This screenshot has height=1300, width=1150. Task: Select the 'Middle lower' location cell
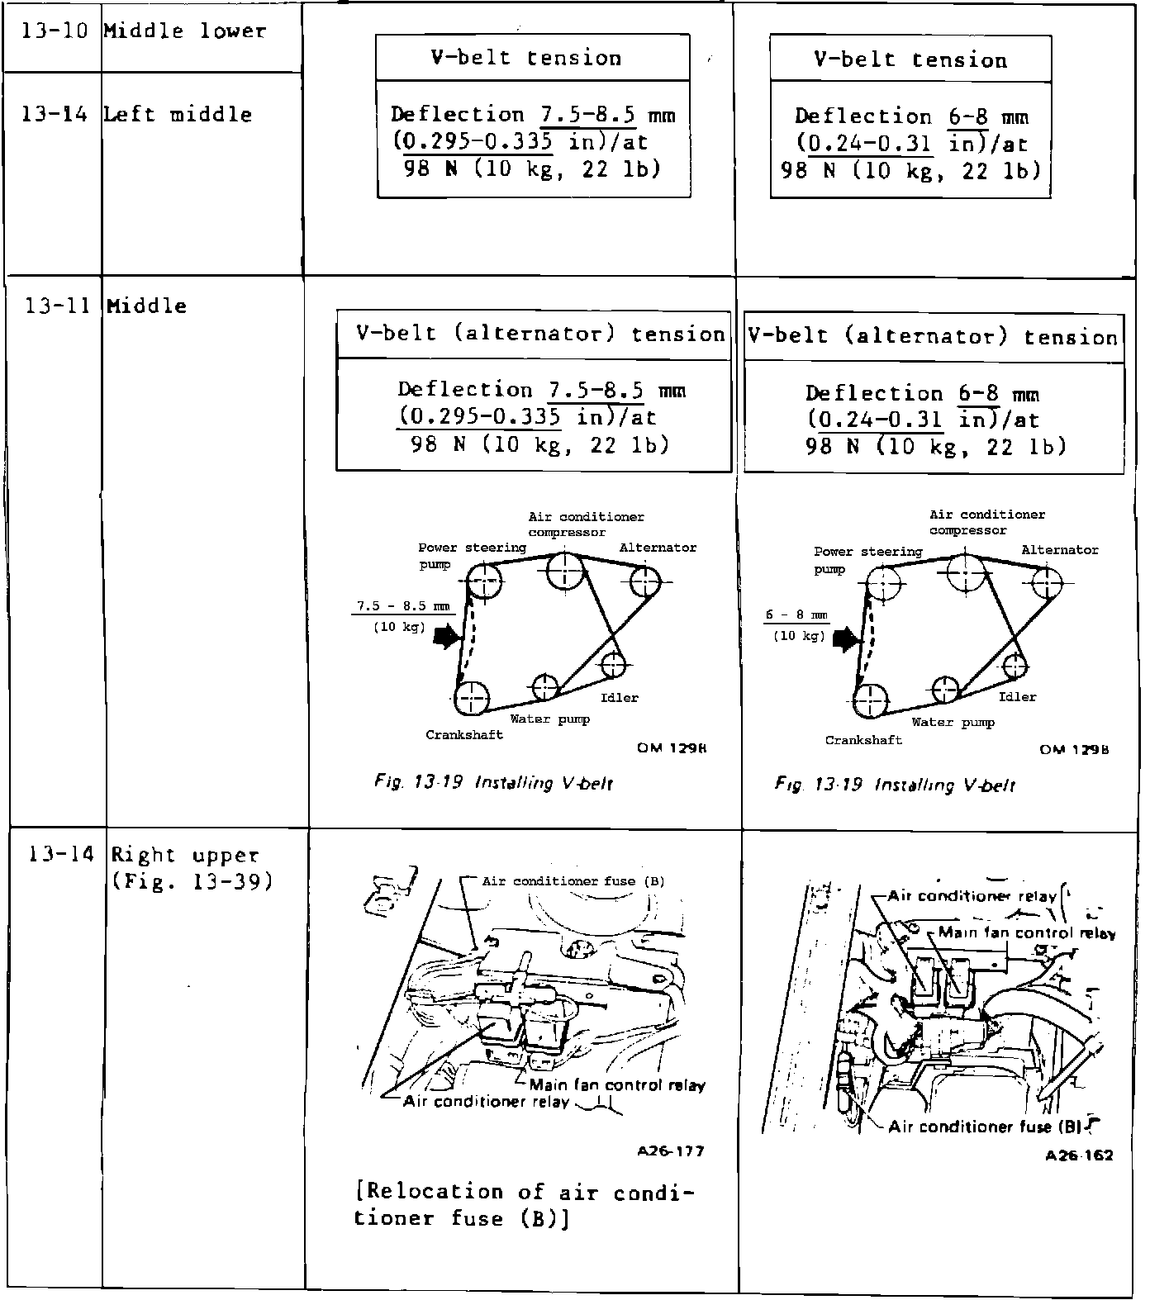tap(184, 32)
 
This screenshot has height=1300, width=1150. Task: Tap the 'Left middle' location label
tap(178, 115)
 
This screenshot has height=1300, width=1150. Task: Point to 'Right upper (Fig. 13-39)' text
tap(192, 868)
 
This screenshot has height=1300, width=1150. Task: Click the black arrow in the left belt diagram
tap(446, 636)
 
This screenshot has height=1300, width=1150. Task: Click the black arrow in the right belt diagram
tap(846, 638)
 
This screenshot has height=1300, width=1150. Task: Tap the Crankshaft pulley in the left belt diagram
tap(471, 699)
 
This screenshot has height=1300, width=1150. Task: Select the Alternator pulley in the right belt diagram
tap(1047, 584)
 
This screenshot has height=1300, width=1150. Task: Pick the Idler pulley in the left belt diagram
tap(612, 664)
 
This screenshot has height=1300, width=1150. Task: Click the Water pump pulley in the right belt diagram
tap(945, 689)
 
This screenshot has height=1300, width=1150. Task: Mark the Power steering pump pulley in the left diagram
tap(483, 581)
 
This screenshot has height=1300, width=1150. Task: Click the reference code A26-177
tap(671, 1151)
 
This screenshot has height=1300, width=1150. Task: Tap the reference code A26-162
tap(1079, 1155)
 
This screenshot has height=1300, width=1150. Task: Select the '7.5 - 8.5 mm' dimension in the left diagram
tap(403, 606)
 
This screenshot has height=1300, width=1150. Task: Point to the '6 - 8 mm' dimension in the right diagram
tap(796, 615)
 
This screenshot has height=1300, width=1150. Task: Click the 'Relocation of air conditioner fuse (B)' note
tap(524, 1204)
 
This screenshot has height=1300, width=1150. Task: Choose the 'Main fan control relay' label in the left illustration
tap(616, 1085)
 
